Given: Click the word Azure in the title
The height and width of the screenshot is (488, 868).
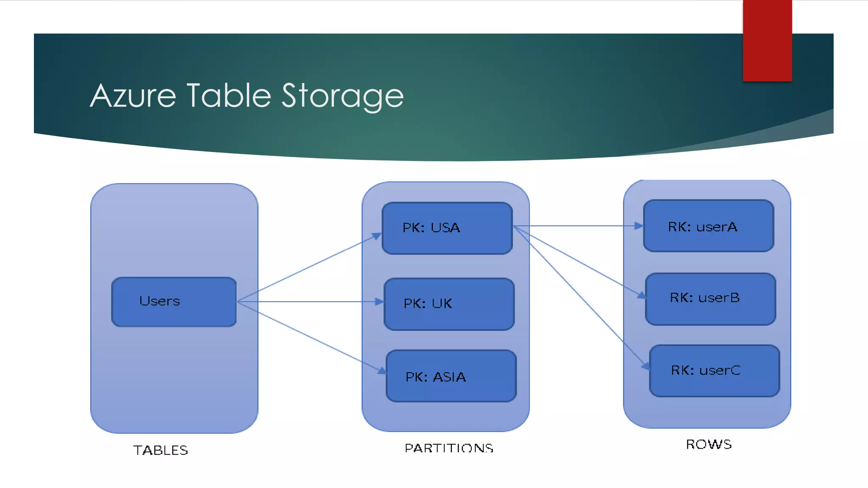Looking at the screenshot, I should [133, 96].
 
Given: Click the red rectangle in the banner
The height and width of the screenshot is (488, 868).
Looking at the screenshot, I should [767, 40].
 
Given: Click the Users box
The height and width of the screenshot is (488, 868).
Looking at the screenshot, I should [174, 302].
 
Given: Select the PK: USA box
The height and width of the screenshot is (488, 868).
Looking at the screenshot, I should [447, 228].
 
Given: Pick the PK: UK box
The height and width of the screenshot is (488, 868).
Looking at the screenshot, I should [449, 304].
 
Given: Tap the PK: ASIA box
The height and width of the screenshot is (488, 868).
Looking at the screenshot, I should [451, 376].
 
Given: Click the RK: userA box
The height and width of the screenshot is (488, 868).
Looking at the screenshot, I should [708, 226].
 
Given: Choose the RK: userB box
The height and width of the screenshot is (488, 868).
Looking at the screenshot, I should [710, 299].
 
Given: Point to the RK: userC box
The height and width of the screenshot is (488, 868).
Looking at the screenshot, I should [714, 371].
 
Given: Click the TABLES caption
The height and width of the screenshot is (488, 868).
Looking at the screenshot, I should [161, 450].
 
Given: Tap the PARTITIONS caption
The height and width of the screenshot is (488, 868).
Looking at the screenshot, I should [449, 448].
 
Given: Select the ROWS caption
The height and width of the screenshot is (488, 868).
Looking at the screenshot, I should [709, 444].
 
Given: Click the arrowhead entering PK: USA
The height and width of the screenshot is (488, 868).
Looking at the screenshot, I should [377, 236].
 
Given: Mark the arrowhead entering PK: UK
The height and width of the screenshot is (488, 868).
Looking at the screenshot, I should [379, 302].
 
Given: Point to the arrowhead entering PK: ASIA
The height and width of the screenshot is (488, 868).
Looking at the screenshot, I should [382, 371].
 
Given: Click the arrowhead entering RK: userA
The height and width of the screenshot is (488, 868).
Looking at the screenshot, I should [639, 226].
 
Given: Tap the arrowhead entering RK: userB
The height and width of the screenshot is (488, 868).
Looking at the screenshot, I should [642, 295].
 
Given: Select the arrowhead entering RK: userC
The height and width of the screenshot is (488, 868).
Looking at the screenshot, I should [645, 366].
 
